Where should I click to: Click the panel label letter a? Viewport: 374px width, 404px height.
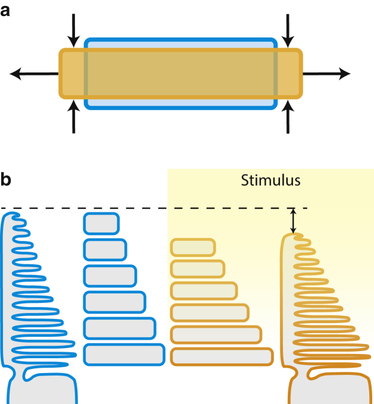5,10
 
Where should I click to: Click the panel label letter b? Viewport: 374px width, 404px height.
6,180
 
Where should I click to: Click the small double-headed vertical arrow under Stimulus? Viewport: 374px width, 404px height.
292,221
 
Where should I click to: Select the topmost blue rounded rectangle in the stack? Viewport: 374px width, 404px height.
101,223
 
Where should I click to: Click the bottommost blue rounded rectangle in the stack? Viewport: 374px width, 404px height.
124,354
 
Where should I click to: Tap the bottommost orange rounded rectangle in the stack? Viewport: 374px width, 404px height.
220,356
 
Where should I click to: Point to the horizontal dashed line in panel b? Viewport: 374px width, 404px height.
149,208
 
